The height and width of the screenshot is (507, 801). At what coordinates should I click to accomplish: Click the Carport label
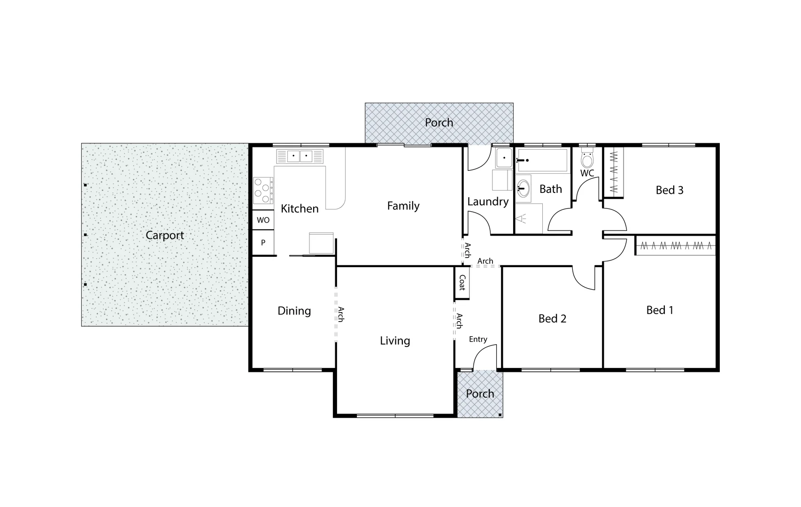click(164, 235)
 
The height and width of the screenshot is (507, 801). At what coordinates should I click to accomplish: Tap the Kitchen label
click(300, 208)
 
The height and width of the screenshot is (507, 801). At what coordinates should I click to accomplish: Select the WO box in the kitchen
click(263, 220)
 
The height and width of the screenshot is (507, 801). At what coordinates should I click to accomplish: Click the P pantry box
click(263, 243)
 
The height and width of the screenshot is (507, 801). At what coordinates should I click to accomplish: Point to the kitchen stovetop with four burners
click(263, 190)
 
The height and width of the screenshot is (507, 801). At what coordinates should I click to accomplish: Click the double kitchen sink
click(300, 156)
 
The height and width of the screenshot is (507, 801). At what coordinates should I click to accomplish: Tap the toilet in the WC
click(587, 159)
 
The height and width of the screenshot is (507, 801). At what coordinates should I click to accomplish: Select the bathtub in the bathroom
click(542, 160)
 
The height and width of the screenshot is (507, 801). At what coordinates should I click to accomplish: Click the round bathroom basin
click(523, 189)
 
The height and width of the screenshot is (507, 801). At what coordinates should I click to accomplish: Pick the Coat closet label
click(462, 283)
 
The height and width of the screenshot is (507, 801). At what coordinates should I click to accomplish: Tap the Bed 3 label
click(669, 190)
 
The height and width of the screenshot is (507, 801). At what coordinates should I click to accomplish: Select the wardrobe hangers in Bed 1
click(675, 246)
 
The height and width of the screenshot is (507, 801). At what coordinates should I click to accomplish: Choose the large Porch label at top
click(439, 123)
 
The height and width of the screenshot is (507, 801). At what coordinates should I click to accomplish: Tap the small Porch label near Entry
click(480, 393)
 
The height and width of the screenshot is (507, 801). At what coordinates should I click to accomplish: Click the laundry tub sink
click(504, 158)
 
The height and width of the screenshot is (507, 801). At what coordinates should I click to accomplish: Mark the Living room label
click(395, 341)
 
